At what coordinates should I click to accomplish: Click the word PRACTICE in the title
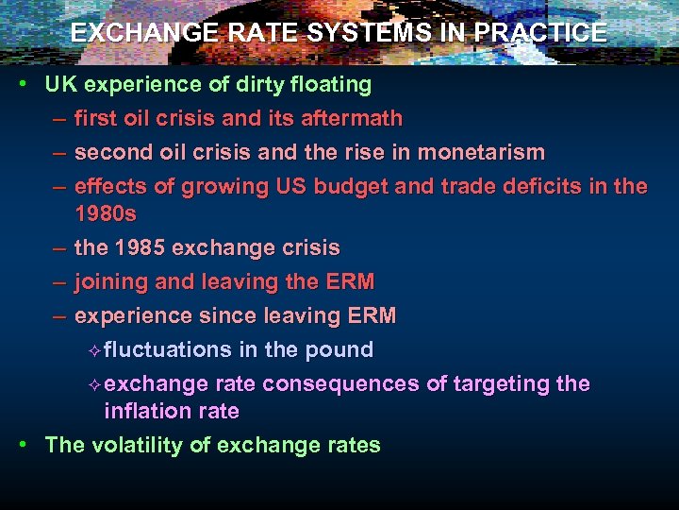[540, 32]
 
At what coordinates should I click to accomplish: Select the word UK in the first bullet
[60, 85]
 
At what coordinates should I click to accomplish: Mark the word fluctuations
[168, 350]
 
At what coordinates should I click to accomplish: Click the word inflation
[145, 412]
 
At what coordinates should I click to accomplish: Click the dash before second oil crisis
[59, 153]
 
